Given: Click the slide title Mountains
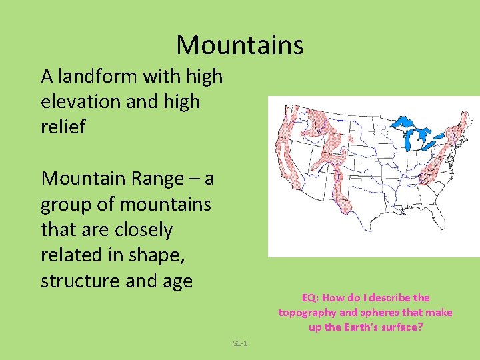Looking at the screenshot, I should [239, 45].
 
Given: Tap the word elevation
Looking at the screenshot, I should [81, 102].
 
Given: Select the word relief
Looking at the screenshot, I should [63, 127].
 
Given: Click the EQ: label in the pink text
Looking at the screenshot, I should [311, 298].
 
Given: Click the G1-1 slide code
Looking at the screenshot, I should [240, 344].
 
